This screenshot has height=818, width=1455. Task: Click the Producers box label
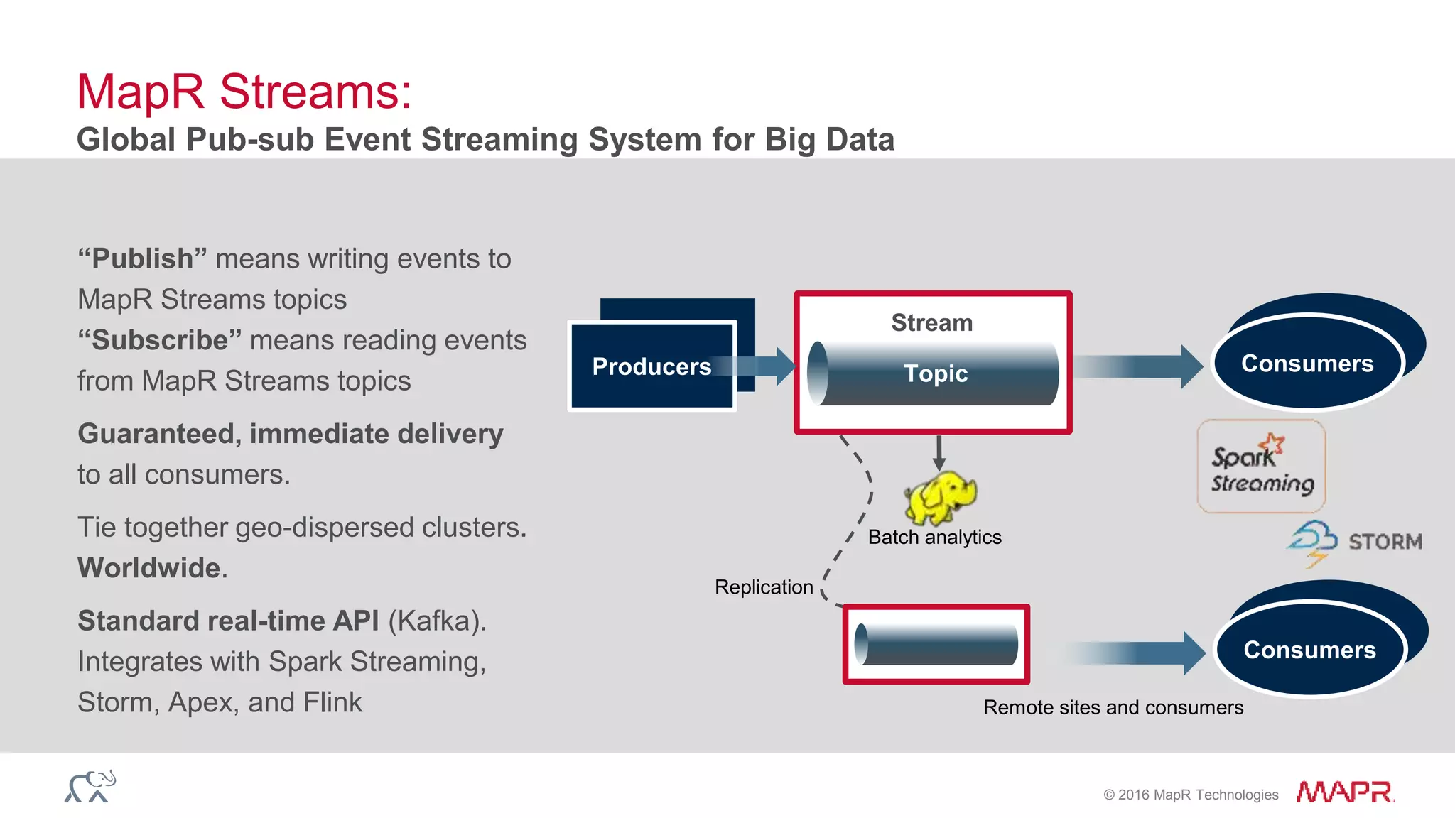pyautogui.click(x=651, y=366)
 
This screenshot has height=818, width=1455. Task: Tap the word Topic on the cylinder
pyautogui.click(x=935, y=373)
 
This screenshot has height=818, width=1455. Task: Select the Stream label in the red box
pyautogui.click(x=931, y=323)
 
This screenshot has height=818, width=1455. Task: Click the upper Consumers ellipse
pyautogui.click(x=1307, y=363)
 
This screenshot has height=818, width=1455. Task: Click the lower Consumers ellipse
pyautogui.click(x=1309, y=650)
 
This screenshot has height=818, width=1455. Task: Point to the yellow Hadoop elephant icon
pyautogui.click(x=939, y=498)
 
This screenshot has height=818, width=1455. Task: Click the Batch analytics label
pyautogui.click(x=934, y=538)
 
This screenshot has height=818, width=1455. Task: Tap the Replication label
pyautogui.click(x=764, y=587)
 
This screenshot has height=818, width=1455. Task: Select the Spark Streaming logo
pyautogui.click(x=1261, y=467)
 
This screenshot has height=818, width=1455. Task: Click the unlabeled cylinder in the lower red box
pyautogui.click(x=936, y=644)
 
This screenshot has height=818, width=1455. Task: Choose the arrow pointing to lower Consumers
pyautogui.click(x=1137, y=653)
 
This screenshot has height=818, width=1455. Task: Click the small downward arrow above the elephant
pyautogui.click(x=939, y=452)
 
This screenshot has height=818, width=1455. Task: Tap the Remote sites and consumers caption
pyautogui.click(x=1113, y=708)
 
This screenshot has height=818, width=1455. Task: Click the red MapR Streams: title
pyautogui.click(x=244, y=92)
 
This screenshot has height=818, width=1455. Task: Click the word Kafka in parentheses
pyautogui.click(x=433, y=621)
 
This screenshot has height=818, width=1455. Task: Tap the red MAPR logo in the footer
pyautogui.click(x=1344, y=792)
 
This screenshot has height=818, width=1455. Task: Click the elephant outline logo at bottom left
pyautogui.click(x=90, y=787)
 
